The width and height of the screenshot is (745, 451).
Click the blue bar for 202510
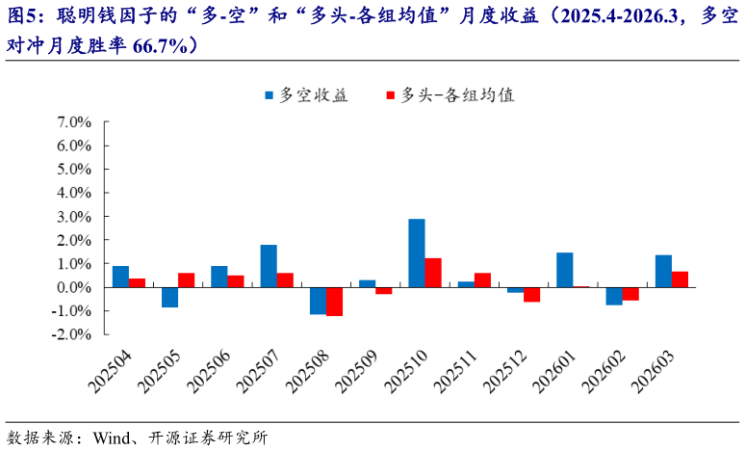(x=417, y=252)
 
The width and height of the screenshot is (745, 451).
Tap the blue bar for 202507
(x=269, y=266)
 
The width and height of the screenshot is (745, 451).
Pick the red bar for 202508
(x=334, y=302)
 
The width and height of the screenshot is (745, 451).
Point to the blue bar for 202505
(x=169, y=297)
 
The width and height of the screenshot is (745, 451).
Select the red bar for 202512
(x=531, y=295)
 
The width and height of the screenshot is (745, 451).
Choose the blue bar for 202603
(x=663, y=271)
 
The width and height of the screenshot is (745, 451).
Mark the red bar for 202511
(x=482, y=280)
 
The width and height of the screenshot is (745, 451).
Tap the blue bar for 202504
(x=120, y=277)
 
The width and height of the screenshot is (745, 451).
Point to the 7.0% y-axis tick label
(x=73, y=122)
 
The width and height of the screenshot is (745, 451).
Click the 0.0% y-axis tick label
(x=73, y=287)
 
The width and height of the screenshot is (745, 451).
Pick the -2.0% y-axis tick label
(x=71, y=334)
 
